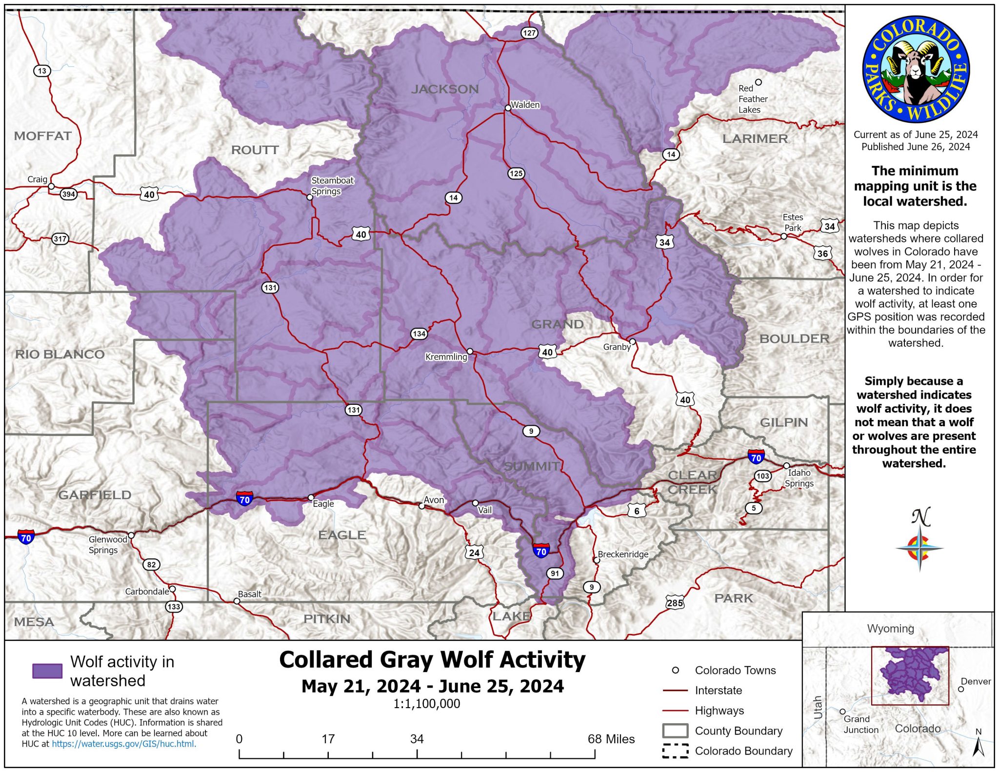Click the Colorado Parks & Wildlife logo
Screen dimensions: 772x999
[916, 69]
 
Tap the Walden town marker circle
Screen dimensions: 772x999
[508, 108]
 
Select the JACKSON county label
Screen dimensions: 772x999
[444, 89]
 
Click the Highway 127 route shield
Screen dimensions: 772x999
[529, 33]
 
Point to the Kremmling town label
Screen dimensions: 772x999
[446, 357]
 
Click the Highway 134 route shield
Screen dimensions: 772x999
[419, 334]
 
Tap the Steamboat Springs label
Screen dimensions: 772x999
[332, 186]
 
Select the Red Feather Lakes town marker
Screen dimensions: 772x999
[758, 82]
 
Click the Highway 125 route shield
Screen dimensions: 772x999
[516, 173]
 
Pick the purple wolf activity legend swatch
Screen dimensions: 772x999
[47, 671]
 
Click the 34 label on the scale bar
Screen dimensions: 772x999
[417, 739]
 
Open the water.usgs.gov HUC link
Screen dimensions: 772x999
[124, 744]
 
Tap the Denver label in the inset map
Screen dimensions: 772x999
[976, 681]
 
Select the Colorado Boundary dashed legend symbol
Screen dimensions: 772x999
[675, 751]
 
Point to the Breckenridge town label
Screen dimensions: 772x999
[623, 554]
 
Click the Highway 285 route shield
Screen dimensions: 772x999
[675, 603]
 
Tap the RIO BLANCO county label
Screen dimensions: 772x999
[60, 355]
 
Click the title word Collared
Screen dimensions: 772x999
[326, 660]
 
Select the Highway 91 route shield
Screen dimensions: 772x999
[555, 574]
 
